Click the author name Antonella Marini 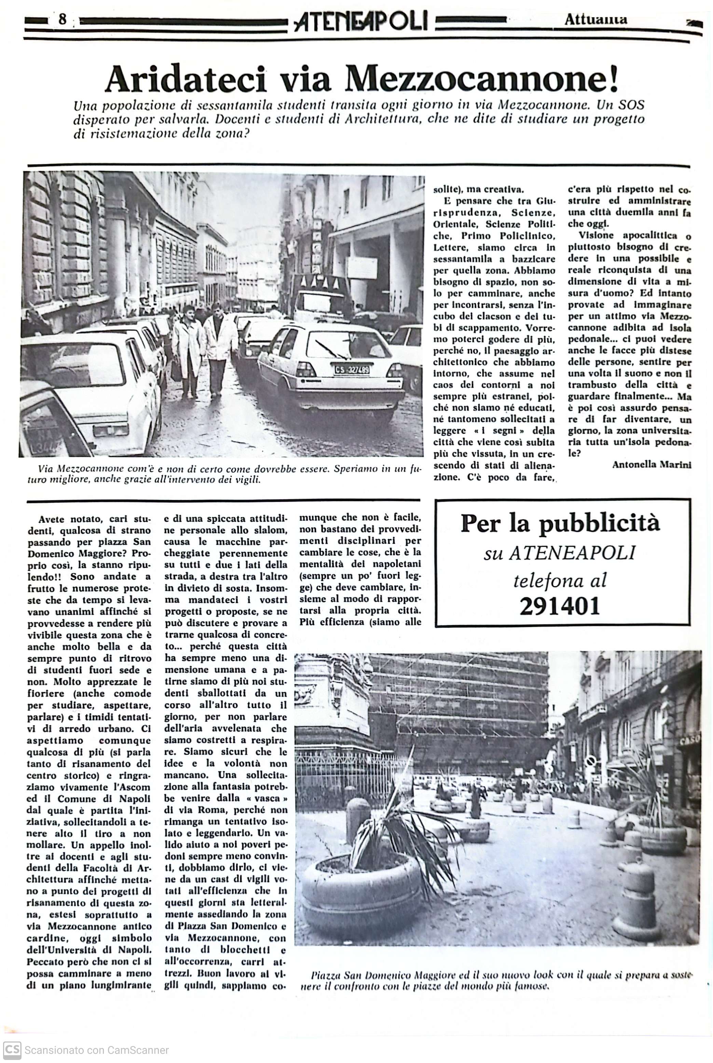[x=652, y=465]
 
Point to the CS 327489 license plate [x=352, y=370]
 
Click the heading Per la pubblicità [x=560, y=524]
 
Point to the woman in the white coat [x=187, y=346]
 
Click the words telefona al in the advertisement [x=560, y=580]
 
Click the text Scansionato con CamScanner [x=96, y=1050]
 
